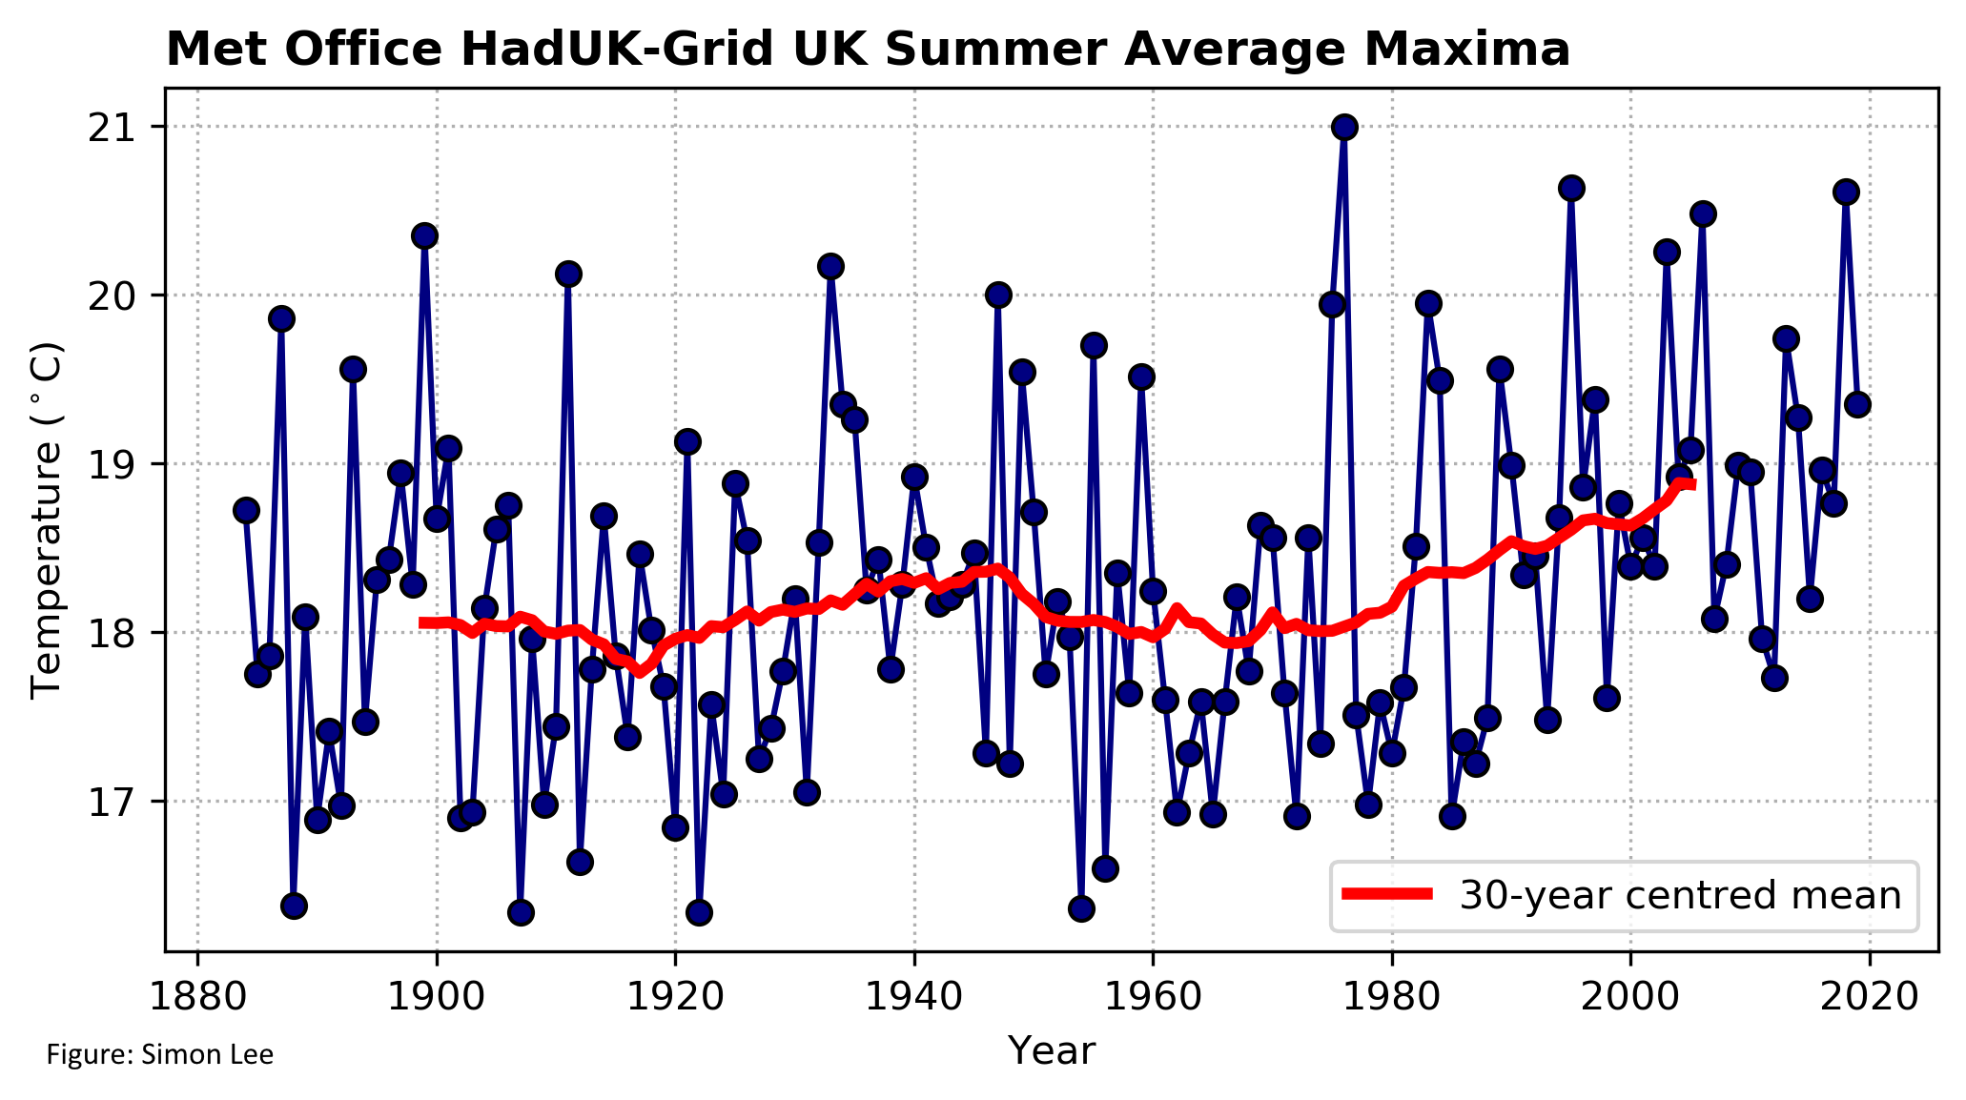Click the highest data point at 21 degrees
1344,127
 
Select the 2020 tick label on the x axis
1869,997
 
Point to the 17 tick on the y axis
113,801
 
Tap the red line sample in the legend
1386,893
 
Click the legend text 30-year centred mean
1680,895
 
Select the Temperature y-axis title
46,520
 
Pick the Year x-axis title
1051,1050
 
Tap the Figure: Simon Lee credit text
160,1055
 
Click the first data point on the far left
246,510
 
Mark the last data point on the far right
1857,404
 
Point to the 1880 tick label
197,997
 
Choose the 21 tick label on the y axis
113,127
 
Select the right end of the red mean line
1691,485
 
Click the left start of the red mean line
422,622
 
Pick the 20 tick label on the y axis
113,295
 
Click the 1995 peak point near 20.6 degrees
1571,188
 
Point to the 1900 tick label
437,997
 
